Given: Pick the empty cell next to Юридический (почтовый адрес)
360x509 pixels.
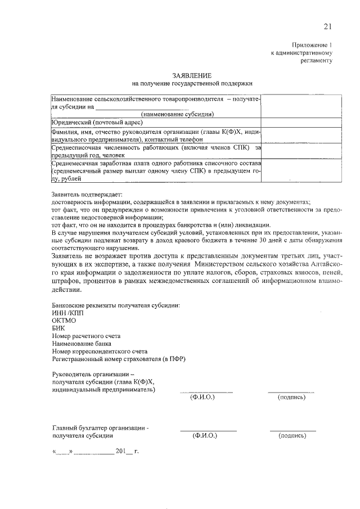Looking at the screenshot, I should coord(301,122).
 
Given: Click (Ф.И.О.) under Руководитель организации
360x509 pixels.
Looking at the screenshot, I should coord(203,397).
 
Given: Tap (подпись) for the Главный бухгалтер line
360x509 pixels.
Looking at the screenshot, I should coord(292,436).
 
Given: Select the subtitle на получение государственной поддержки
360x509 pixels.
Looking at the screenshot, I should coord(192,83).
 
